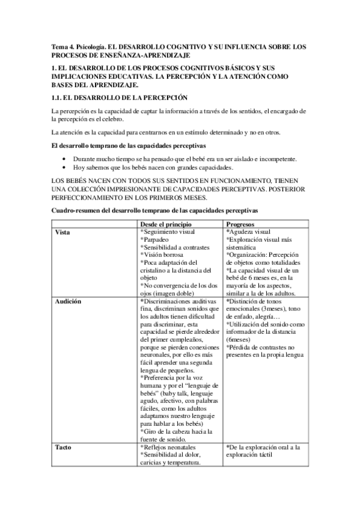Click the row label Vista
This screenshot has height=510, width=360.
pyautogui.click(x=62, y=232)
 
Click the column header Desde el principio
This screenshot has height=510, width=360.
pyautogui.click(x=167, y=224)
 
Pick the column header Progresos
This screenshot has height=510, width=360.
pyautogui.click(x=243, y=224)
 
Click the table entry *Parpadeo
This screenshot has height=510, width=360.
pyautogui.click(x=155, y=239)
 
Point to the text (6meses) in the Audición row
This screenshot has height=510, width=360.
pyautogui.click(x=240, y=340)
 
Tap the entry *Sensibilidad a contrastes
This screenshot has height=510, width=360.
pyautogui.click(x=174, y=247)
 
